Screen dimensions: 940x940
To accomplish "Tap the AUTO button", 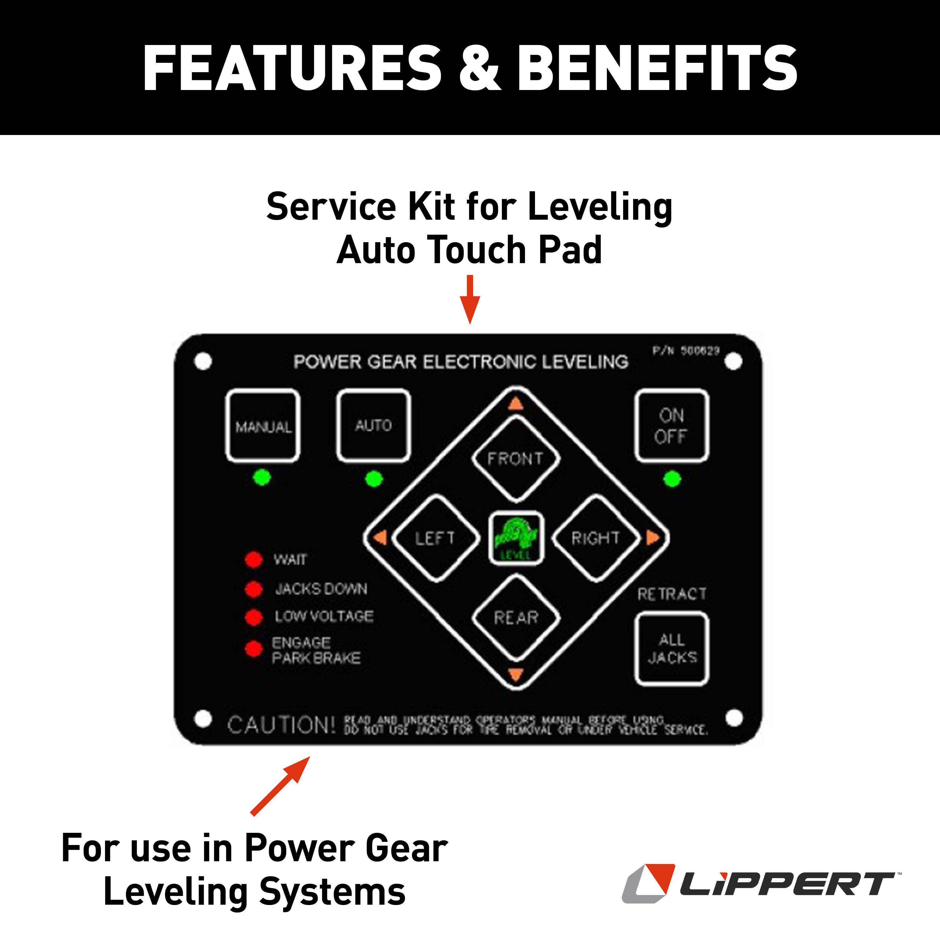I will (373, 426).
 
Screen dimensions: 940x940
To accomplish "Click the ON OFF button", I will (672, 426).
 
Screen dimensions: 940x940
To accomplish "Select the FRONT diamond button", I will (516, 459).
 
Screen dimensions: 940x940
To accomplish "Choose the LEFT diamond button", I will (435, 538).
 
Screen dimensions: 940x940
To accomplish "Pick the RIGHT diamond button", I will (596, 538).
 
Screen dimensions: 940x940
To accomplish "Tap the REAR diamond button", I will (516, 618).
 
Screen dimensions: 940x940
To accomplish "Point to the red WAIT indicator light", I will (253, 559).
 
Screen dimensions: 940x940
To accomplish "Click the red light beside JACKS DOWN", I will (253, 589).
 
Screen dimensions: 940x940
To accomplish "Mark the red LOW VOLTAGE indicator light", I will (253, 617).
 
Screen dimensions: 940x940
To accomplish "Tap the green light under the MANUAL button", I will (262, 477).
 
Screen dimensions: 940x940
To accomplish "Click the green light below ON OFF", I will (672, 479).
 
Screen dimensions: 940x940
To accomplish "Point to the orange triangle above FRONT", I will (516, 404).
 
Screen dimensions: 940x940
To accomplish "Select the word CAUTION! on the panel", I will (282, 725).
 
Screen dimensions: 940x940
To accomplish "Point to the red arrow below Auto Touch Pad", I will (470, 299).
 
